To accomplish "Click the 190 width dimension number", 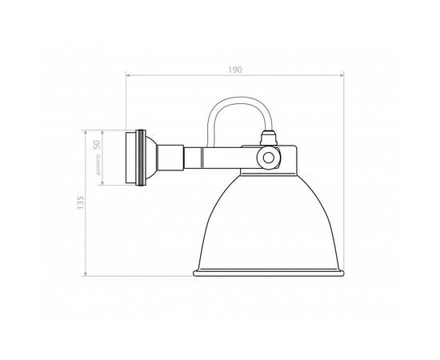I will click(x=235, y=70).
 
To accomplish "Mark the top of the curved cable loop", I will click(x=238, y=100).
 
